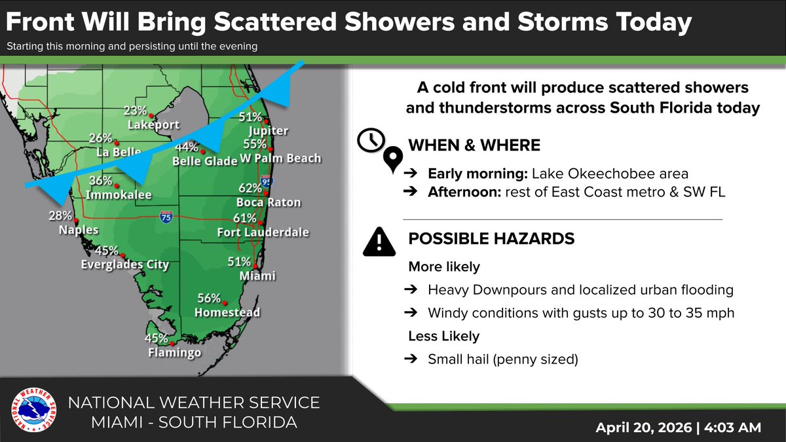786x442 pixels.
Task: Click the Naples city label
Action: pyautogui.click(x=78, y=230)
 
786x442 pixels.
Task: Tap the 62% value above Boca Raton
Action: pyautogui.click(x=250, y=189)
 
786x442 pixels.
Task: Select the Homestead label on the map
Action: pyautogui.click(x=227, y=312)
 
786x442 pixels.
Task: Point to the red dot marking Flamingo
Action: pyautogui.click(x=171, y=343)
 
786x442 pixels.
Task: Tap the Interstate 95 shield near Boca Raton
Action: pyautogui.click(x=266, y=182)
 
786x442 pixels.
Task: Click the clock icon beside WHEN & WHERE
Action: pyautogui.click(x=371, y=140)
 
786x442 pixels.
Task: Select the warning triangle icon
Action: pyautogui.click(x=378, y=242)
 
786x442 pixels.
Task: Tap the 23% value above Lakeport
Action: pyautogui.click(x=135, y=111)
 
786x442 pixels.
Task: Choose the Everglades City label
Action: pyautogui.click(x=124, y=265)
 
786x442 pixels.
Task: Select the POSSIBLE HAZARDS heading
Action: pyautogui.click(x=491, y=239)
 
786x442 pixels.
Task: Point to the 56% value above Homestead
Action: pyautogui.click(x=209, y=298)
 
